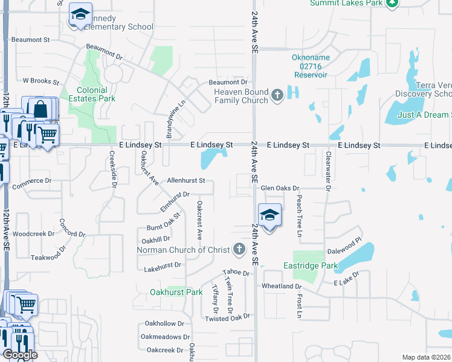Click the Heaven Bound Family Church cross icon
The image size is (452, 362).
pyautogui.click(x=277, y=95)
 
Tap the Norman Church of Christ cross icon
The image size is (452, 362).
pyautogui.click(x=239, y=249)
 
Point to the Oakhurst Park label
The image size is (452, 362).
pyautogui.click(x=176, y=293)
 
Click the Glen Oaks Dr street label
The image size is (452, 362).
pyautogui.click(x=280, y=188)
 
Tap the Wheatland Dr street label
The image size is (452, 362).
pyautogui.click(x=281, y=286)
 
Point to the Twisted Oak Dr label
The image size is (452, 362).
pyautogui.click(x=227, y=317)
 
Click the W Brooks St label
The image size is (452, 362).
pyautogui.click(x=41, y=81)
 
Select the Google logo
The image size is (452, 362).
pyautogui.click(x=20, y=355)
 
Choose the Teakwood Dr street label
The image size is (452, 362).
pyautogui.click(x=46, y=256)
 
